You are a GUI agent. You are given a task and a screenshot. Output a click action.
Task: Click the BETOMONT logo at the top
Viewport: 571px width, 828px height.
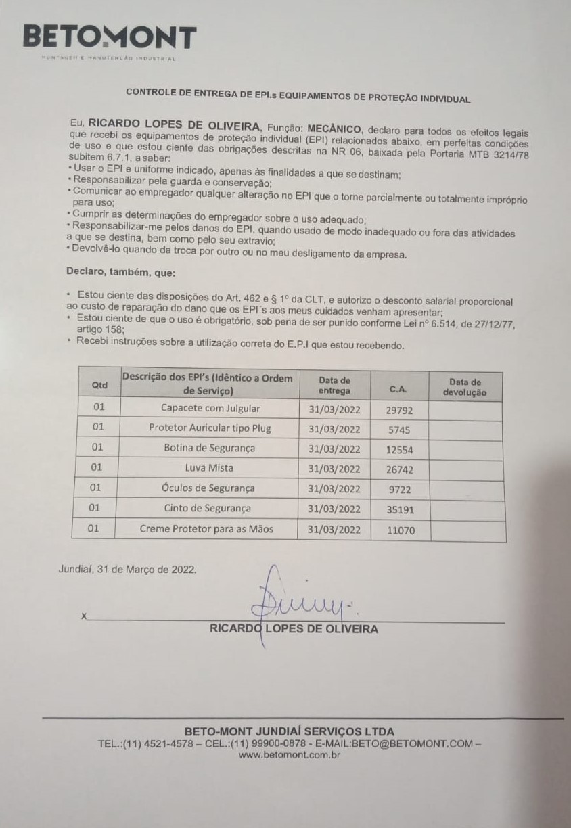coord(110,38)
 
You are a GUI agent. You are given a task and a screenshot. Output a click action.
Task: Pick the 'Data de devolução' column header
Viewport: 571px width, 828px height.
coord(465,387)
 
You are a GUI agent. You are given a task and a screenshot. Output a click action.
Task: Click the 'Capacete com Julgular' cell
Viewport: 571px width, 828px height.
coord(210,409)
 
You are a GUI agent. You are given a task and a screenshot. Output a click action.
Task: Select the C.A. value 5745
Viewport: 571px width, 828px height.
coord(398,430)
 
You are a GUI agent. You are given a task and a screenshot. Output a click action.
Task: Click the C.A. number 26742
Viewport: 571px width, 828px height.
coord(399,469)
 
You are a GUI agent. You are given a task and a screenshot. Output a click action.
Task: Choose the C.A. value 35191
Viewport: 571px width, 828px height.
coord(400,509)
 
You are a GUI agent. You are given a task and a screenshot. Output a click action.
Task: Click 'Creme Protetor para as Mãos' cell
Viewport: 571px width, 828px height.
coord(206,529)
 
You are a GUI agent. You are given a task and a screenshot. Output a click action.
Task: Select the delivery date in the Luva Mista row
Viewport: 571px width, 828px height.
coord(334,468)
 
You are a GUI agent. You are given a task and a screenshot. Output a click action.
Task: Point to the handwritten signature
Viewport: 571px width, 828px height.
coord(298,595)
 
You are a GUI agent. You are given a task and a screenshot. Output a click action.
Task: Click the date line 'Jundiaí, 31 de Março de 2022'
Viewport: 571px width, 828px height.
coord(128,569)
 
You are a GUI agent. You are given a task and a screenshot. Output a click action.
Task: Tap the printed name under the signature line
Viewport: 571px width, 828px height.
coord(294,629)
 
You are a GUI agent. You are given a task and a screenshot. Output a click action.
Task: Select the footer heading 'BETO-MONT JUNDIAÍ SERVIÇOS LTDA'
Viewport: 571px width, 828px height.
coord(289,731)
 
